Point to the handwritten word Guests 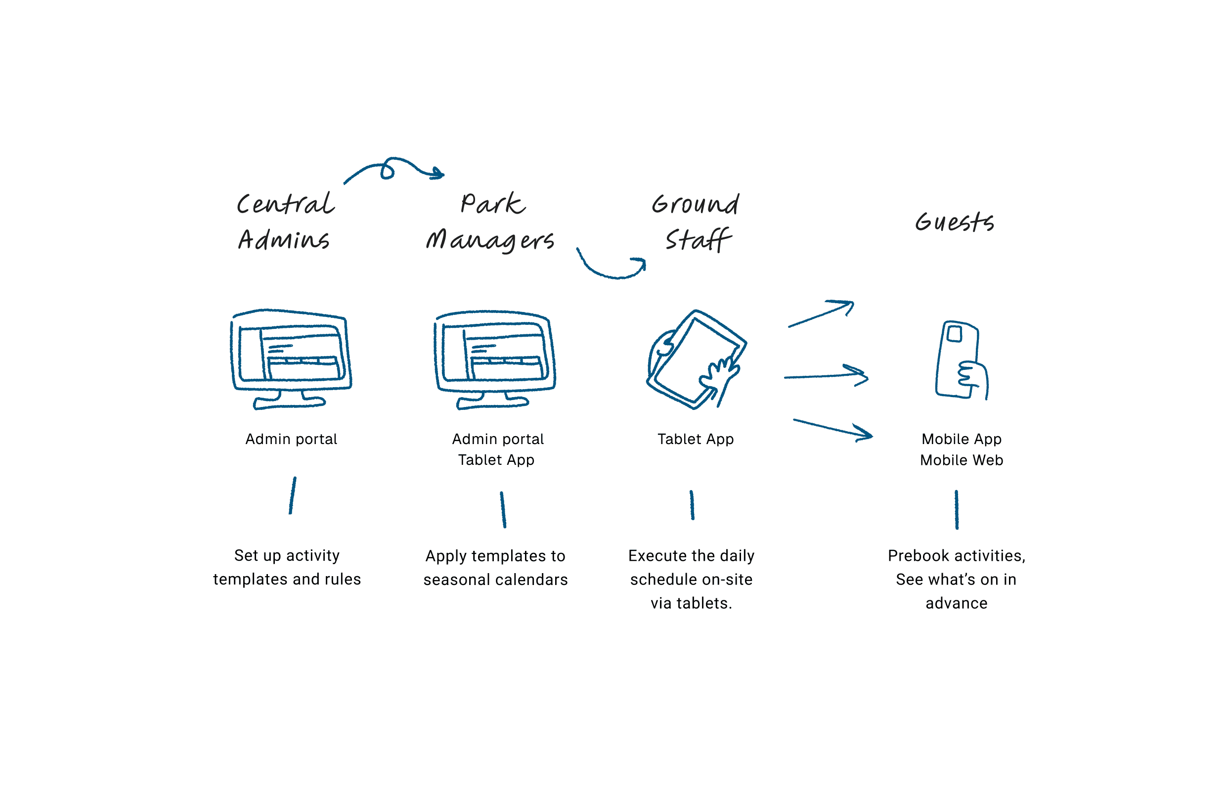point(955,222)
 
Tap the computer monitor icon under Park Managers point(495,359)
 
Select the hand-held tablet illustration point(696,360)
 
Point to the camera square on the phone point(954,333)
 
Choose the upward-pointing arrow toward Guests point(821,313)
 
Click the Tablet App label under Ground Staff point(696,439)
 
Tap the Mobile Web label point(962,460)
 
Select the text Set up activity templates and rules point(287,568)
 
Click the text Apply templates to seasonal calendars point(495,568)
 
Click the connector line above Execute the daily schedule point(692,505)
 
